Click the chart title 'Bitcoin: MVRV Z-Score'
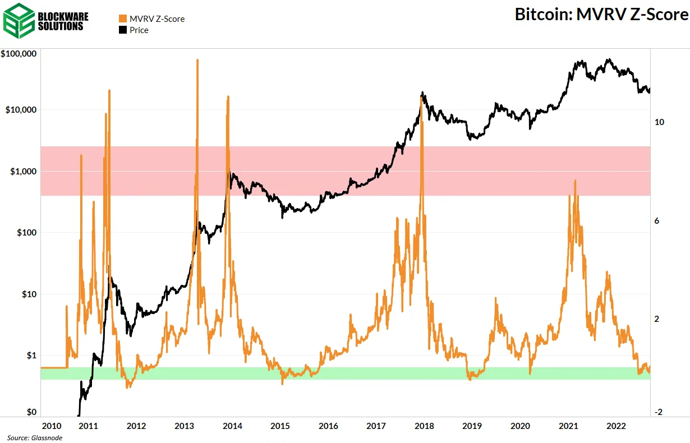tap(601, 15)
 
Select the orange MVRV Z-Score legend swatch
tap(123, 19)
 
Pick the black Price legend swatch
tap(123, 30)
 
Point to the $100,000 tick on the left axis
tap(19, 54)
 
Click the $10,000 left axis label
tap(21, 110)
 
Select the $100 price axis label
tap(26, 233)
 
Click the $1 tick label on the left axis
tap(30, 356)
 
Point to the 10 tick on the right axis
tap(660, 122)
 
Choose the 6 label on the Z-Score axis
tap(657, 221)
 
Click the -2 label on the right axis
tap(659, 412)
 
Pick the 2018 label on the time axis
tap(423, 426)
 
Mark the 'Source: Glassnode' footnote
tap(34, 438)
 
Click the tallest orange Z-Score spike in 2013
tap(197, 60)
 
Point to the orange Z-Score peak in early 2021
tap(575, 181)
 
